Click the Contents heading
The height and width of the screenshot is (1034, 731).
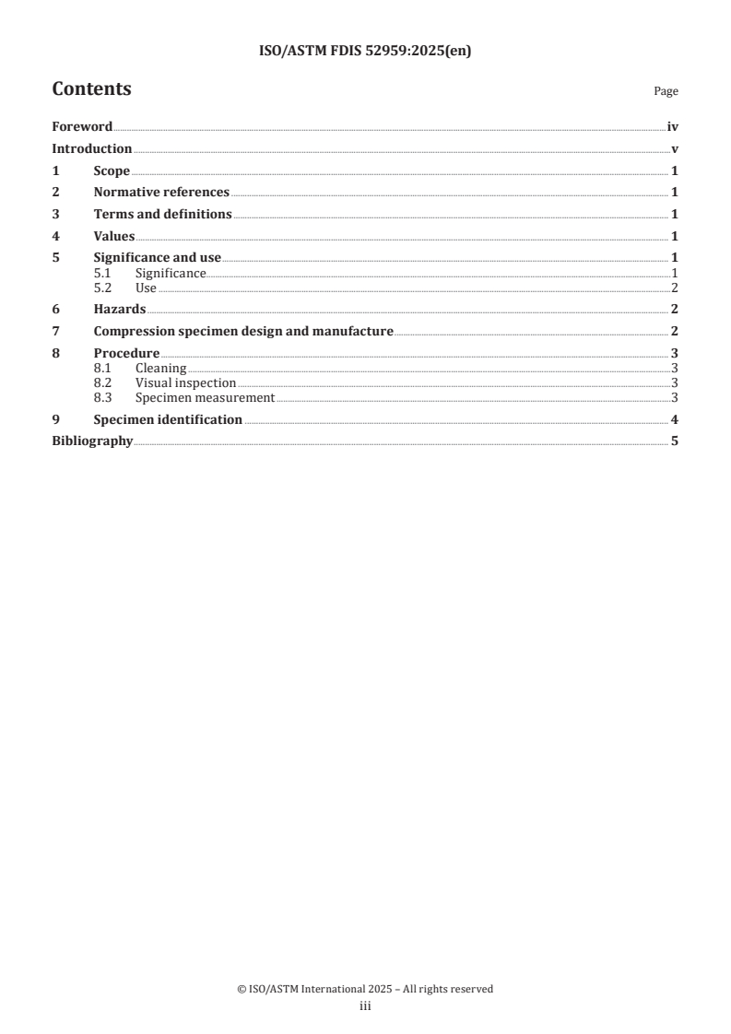click(x=91, y=89)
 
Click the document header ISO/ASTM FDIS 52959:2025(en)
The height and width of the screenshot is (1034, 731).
click(x=365, y=52)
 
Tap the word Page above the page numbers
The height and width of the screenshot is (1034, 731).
click(x=666, y=91)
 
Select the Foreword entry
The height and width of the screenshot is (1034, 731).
click(x=82, y=126)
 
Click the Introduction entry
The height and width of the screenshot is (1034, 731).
click(x=92, y=148)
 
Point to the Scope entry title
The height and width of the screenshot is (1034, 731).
click(x=112, y=170)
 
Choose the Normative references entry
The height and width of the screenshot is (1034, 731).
click(x=161, y=193)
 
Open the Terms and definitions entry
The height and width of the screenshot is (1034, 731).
click(x=163, y=215)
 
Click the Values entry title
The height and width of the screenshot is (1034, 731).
click(x=114, y=237)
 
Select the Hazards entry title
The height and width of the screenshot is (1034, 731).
click(x=120, y=309)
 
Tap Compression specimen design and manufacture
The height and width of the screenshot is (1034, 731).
click(x=243, y=331)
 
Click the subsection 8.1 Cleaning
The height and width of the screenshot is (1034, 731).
click(x=160, y=369)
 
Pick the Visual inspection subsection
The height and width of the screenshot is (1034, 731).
click(x=185, y=382)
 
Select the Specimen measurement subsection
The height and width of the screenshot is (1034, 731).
click(x=205, y=397)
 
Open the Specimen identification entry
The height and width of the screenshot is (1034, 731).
click(x=168, y=419)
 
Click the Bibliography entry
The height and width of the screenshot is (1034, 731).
click(x=92, y=441)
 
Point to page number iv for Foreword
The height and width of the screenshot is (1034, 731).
click(x=673, y=126)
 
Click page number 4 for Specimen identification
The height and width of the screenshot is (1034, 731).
click(x=675, y=419)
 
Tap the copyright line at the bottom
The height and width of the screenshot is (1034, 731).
click(x=365, y=989)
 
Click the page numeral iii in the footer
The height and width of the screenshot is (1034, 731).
click(x=365, y=1006)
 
